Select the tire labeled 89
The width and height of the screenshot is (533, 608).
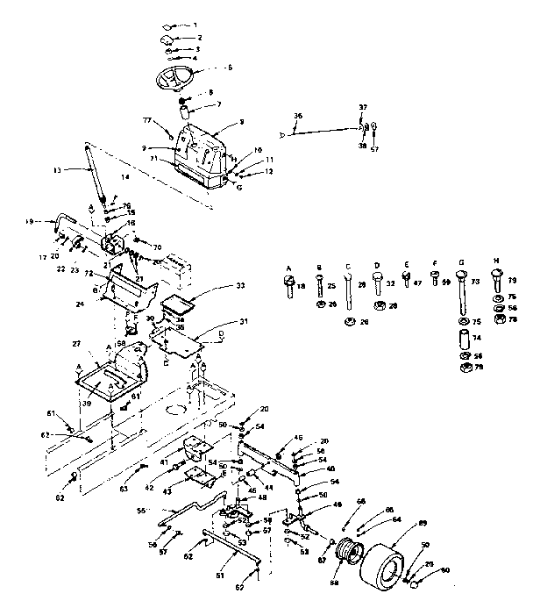pos(391,564)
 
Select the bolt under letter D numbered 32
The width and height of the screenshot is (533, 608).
pos(378,283)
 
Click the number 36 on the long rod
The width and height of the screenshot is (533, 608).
pos(297,116)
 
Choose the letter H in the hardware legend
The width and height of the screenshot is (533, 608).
pos(497,263)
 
